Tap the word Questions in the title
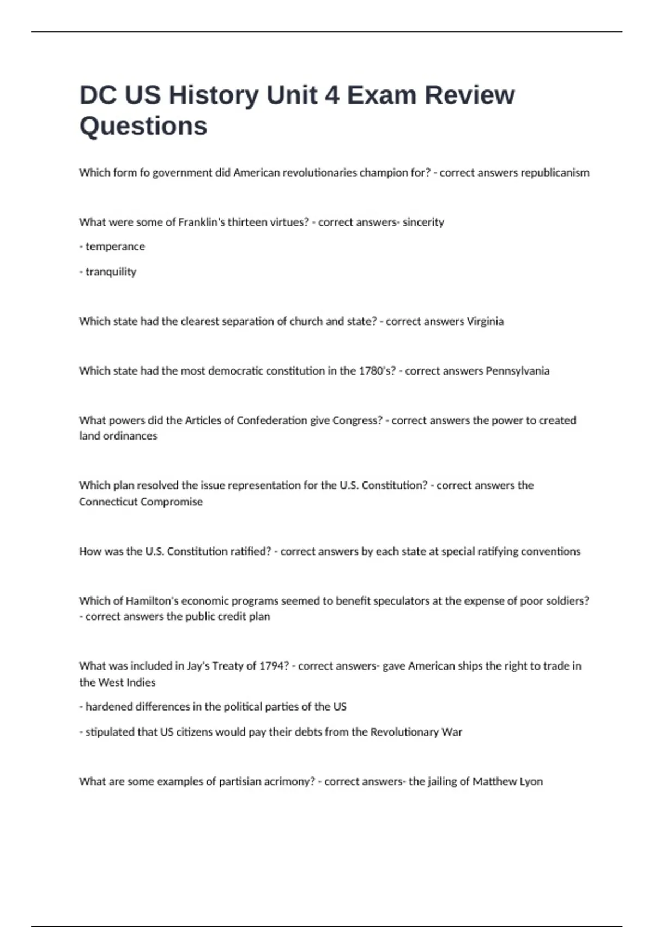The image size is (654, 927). [143, 126]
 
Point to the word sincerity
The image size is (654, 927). [423, 222]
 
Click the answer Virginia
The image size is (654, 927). [485, 321]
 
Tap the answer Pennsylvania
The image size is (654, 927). [517, 371]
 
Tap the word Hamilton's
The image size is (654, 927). [152, 601]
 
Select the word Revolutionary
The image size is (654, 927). [404, 732]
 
